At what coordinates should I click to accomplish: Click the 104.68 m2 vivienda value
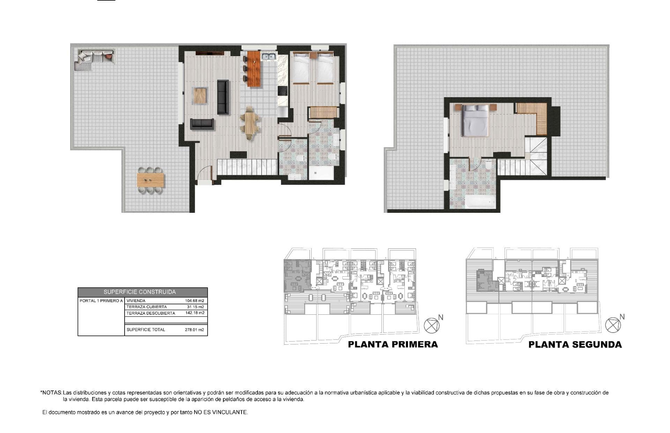194,300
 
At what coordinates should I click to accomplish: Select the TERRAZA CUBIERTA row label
147,307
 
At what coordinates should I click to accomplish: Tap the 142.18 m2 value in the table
195,313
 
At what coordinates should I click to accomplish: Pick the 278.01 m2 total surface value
194,329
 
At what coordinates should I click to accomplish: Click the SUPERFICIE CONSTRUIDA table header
140,292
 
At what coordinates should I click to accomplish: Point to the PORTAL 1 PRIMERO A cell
101,300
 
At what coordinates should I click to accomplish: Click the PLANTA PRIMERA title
393,344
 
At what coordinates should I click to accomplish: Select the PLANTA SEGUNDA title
575,345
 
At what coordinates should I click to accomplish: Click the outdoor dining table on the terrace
150,180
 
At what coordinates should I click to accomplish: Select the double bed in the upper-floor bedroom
475,120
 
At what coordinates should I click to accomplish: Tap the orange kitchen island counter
254,69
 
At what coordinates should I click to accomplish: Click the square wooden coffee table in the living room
200,96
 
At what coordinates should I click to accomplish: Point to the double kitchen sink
269,56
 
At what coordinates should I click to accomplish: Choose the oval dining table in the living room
250,123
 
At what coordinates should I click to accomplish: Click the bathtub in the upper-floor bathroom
480,201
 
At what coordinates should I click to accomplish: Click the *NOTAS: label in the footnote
51,393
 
